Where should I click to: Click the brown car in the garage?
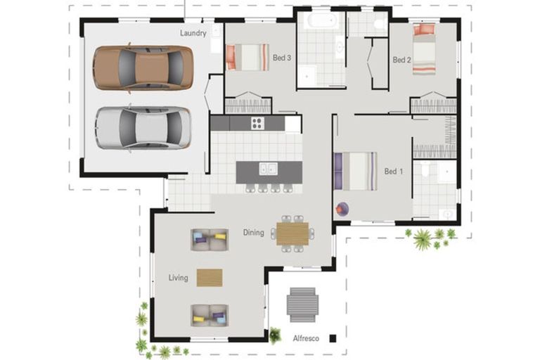coord(143,68)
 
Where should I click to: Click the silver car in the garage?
coord(143,127)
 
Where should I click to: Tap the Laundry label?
coord(193,33)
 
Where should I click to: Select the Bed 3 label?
coord(282,58)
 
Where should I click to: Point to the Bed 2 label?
coord(401,60)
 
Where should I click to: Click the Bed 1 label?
coord(393,172)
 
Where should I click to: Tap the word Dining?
coord(253,233)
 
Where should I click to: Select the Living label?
coord(178,278)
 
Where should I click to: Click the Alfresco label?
coord(306,339)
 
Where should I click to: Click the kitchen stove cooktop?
coord(257,123)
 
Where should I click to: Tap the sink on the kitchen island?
coord(268,169)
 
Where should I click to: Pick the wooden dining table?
coord(292,233)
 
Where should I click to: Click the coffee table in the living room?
coord(210,278)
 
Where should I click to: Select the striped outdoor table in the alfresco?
coord(302,305)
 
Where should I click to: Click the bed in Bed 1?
coord(355,172)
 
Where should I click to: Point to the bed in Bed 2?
coord(424,49)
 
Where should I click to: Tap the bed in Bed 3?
coord(247,57)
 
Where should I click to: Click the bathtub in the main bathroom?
coord(321,20)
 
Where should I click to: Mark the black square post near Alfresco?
coord(333,338)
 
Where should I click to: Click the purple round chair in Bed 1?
coord(342,209)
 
